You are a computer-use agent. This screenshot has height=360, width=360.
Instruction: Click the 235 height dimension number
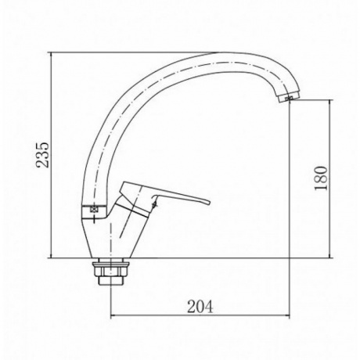point(42,155)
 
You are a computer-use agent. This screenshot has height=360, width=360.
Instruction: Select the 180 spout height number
point(321,178)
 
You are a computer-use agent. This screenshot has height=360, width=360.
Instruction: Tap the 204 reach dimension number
point(200,307)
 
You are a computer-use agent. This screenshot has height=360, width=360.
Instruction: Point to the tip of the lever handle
point(209,202)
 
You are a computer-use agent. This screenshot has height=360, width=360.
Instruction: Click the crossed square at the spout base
point(93,210)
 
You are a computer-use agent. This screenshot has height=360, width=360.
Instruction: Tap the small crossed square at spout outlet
point(289,99)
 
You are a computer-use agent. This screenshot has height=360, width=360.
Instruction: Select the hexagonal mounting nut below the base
point(110,272)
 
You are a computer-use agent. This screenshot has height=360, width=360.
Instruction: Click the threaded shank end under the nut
point(110,281)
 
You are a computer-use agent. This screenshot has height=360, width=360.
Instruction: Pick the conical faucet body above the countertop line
point(112,235)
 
